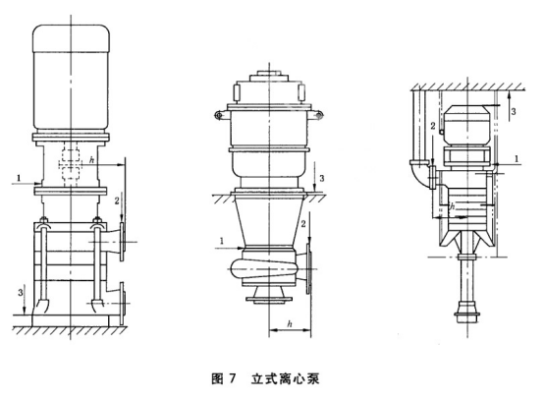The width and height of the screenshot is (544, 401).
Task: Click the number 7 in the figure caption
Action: tap(232, 378)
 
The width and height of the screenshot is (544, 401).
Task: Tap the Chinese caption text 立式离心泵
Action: tap(285, 378)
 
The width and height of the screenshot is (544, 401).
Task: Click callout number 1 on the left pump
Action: tap(19, 179)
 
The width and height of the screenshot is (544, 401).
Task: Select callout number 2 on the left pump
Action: tap(117, 200)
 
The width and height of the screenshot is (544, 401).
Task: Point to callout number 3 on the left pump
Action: tap(21, 292)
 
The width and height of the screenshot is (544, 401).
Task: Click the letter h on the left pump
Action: tap(91, 160)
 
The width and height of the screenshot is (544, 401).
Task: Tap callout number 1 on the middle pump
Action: tap(221, 240)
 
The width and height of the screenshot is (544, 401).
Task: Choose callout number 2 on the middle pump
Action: tap(302, 224)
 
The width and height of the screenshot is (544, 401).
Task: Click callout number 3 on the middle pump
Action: tap(322, 178)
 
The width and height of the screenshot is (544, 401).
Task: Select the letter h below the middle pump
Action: tap(290, 324)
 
